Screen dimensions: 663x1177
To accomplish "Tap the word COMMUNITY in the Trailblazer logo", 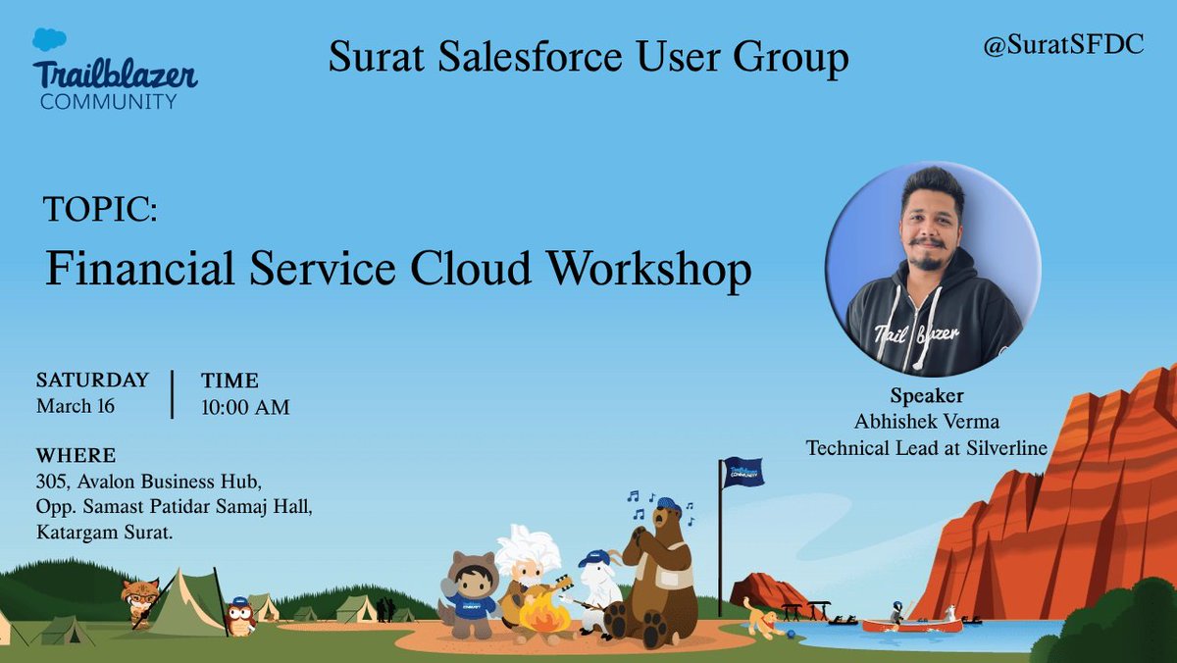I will pos(108,101).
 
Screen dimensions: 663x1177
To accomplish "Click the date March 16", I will pos(76,406).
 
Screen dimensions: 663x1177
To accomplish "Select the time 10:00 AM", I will pos(245,407).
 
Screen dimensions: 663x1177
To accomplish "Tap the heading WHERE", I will pos(76,456).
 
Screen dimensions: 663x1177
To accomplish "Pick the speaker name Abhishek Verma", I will pos(927,423).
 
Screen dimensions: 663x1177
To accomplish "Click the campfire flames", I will pos(543,615).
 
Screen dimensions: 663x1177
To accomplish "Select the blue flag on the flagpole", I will pos(743,473).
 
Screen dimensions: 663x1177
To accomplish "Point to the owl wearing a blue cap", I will pos(239,616).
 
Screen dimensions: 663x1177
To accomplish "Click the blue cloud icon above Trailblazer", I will pos(49,40).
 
